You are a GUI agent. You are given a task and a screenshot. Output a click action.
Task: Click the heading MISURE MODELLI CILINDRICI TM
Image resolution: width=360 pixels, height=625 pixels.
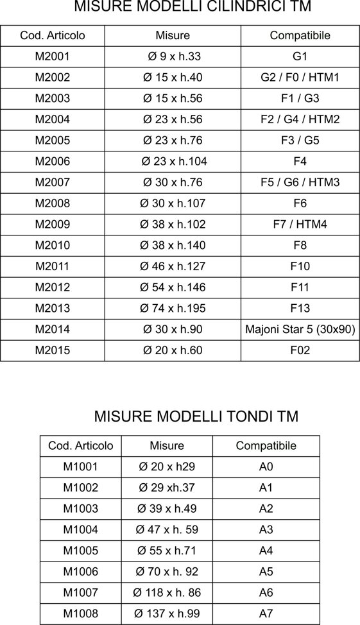pos(180,7)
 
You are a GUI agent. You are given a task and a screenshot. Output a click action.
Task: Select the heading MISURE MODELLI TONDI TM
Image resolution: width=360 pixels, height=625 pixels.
pos(196,416)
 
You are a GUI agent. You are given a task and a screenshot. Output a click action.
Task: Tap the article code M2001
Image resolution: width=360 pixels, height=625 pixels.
pos(53,56)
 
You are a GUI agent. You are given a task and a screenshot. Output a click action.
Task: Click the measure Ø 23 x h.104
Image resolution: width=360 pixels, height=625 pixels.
pos(174,161)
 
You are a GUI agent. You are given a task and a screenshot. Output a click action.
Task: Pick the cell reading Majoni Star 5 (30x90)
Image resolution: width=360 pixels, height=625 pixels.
pos(300,330)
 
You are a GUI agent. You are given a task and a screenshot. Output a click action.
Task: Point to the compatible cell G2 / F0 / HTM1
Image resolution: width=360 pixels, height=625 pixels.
pos(300,78)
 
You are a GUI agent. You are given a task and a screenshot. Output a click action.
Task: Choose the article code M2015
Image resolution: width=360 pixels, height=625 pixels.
pos(53,351)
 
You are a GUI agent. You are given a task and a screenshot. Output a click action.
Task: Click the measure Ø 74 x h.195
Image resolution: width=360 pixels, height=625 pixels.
pos(173,309)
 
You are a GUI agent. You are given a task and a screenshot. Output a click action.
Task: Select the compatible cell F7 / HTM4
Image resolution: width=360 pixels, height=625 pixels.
pos(300,225)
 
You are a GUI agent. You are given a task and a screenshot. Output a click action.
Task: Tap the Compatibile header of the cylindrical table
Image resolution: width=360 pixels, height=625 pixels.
pos(300,35)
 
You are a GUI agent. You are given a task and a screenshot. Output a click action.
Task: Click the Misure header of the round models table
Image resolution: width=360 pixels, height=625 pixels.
pos(167,446)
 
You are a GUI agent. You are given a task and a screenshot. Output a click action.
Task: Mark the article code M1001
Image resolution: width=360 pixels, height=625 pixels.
pos(81,467)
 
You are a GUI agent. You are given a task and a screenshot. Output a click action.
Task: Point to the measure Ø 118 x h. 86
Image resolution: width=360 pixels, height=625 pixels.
pos(166,593)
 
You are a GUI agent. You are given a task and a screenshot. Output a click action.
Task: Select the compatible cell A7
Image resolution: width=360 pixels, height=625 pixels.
pos(266,614)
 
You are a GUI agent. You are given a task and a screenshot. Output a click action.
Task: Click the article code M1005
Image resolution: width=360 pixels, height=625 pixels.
pos(81,551)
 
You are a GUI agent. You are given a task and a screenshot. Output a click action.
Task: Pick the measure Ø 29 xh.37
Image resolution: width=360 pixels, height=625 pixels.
pos(167,488)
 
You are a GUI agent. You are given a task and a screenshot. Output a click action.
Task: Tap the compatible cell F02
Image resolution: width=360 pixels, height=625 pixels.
pos(300,351)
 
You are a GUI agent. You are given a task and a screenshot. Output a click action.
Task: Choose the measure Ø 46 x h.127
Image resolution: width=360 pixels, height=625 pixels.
pos(173,266)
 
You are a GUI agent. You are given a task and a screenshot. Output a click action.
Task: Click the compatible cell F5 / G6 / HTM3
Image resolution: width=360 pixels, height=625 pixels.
pos(300,182)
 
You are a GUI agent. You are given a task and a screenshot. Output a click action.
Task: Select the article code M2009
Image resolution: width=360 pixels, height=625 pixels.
pos(53,225)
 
